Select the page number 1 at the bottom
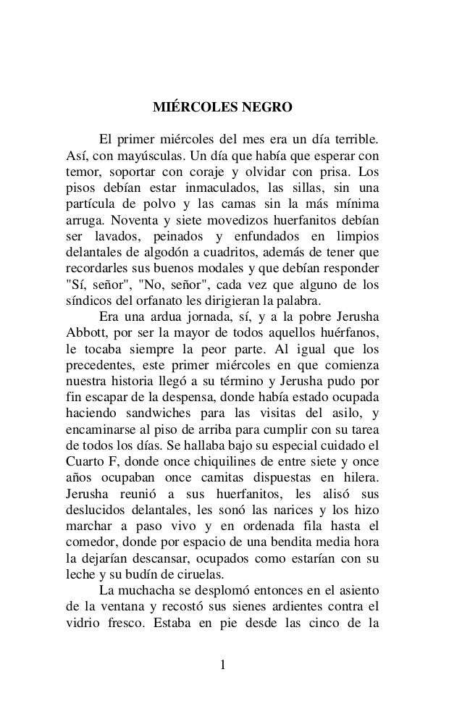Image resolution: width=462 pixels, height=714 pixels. click(x=224, y=665)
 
